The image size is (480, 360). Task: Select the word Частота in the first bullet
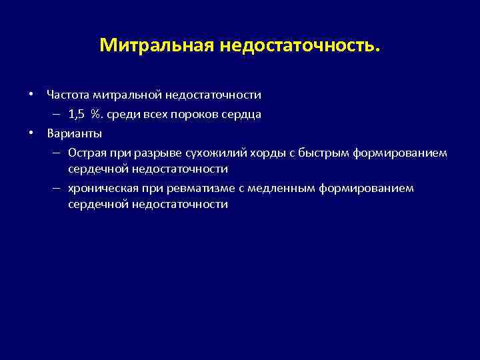[69, 95]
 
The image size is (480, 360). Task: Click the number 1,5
[77, 114]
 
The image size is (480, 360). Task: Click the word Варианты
[70, 133]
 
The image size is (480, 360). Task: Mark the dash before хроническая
[59, 188]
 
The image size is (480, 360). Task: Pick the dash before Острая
[59, 153]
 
